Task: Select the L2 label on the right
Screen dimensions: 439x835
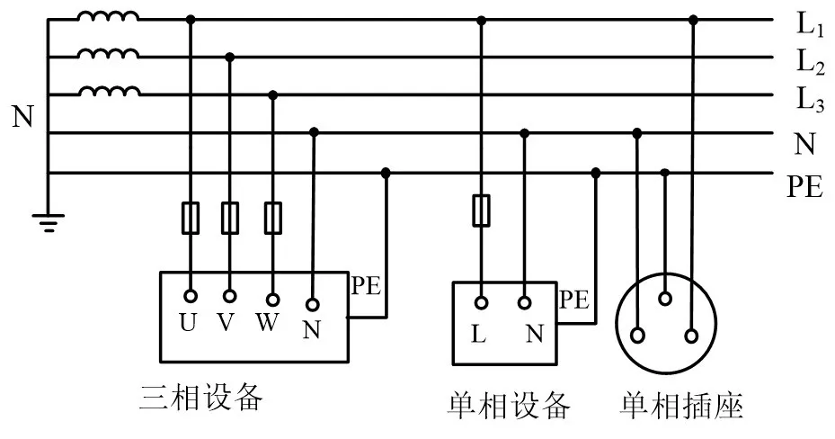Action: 810,63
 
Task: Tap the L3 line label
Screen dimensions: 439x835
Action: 810,101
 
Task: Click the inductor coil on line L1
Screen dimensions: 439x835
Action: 107,17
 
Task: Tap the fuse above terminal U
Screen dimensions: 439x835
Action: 190,218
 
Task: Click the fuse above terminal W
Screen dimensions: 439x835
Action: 273,218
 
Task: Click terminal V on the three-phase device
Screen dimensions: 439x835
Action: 230,296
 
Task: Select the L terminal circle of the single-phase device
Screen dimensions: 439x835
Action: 481,303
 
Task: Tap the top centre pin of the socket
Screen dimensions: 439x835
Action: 665,299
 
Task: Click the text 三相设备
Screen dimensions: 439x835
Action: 201,397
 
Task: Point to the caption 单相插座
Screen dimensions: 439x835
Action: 682,406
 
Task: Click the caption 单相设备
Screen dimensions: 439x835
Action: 509,406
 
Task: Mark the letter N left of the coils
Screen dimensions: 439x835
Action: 22,117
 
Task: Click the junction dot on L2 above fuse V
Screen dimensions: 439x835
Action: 230,58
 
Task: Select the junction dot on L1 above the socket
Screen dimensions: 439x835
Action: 692,19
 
